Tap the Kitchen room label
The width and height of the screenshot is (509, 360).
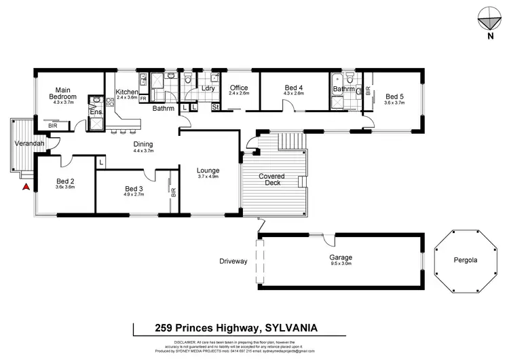(127, 92)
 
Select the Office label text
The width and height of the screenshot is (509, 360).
(239, 88)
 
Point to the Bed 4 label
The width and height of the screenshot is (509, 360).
(293, 88)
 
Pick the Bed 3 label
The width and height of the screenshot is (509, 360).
(134, 189)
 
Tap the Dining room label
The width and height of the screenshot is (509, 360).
(143, 144)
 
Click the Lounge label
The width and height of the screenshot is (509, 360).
(208, 170)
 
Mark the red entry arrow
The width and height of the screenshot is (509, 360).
(26, 186)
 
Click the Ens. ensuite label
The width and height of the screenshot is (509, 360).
(96, 111)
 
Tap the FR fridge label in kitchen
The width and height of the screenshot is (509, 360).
(143, 98)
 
